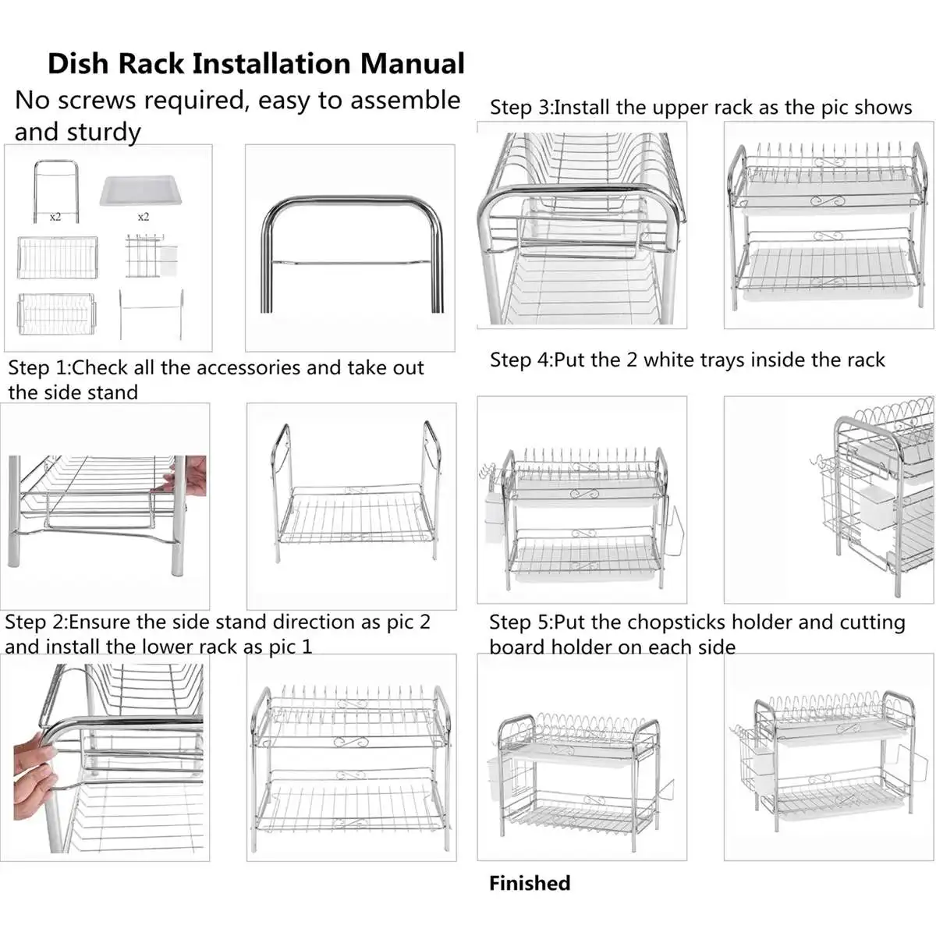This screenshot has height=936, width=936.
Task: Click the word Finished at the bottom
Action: coord(530,883)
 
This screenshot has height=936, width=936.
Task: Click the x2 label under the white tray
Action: coord(143,217)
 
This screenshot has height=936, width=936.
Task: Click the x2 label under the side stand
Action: coord(55,217)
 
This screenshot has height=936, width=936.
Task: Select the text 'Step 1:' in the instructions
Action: coord(37,367)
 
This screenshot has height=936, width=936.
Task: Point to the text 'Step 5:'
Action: coord(519,622)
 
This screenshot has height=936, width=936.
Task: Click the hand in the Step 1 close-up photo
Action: coord(190,476)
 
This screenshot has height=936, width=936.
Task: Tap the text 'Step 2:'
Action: coord(36,622)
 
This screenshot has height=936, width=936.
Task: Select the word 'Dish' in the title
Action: coord(78,63)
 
